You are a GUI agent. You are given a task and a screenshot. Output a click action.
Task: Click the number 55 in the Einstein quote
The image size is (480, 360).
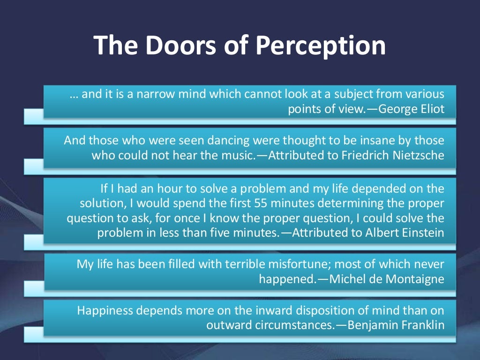click(x=262, y=204)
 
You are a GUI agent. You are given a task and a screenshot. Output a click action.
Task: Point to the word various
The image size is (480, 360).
click(x=426, y=94)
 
